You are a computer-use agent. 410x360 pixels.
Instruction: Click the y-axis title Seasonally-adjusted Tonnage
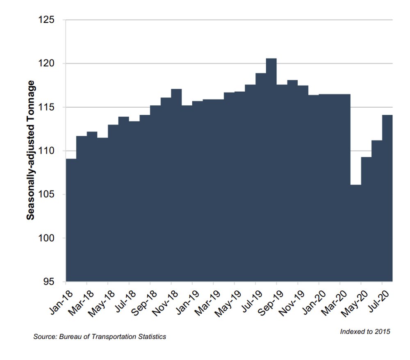(x=30, y=150)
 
